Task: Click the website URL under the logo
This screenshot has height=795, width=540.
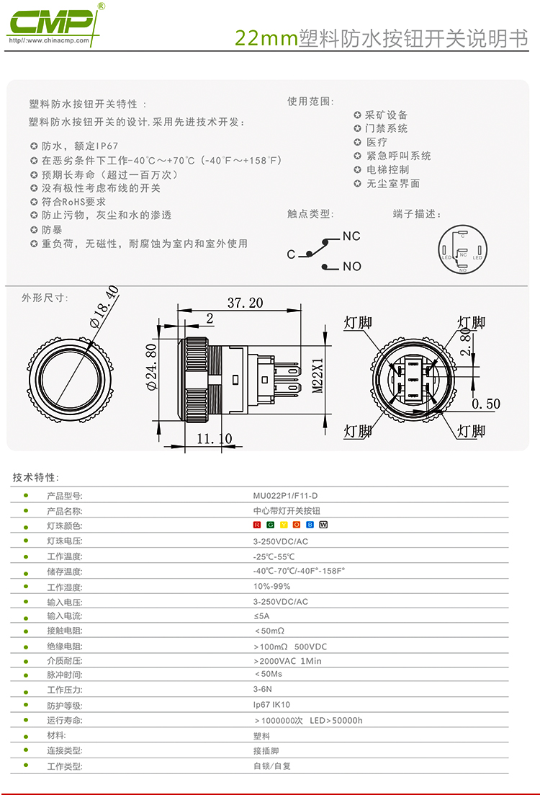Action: (x=48, y=40)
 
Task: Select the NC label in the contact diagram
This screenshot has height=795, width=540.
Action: (x=351, y=236)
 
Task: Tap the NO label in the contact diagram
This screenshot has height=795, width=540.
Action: (x=351, y=267)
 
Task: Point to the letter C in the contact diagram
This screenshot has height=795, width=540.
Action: (x=291, y=254)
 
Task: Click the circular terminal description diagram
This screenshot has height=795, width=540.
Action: (x=462, y=249)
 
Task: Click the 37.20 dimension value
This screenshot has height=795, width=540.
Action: (x=245, y=303)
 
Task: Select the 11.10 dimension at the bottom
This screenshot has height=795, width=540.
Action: (x=215, y=438)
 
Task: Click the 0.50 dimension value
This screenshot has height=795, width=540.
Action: (x=486, y=404)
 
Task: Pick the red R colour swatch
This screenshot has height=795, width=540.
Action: (x=256, y=525)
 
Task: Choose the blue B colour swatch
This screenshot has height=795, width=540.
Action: (x=310, y=525)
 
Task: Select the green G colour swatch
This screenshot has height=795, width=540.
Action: (x=270, y=525)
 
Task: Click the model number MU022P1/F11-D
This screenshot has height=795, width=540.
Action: (x=285, y=496)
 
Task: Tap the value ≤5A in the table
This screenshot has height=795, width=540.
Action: (x=261, y=616)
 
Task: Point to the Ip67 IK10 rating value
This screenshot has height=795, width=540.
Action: (x=271, y=705)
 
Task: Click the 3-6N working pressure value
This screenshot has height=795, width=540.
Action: (x=262, y=690)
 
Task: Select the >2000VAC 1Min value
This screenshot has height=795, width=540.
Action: (x=287, y=660)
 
